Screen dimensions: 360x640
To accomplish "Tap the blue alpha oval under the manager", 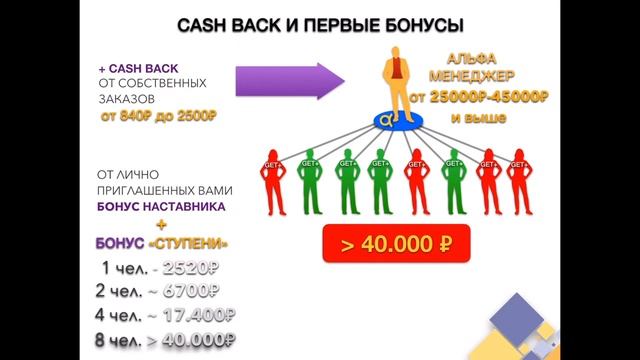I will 385,123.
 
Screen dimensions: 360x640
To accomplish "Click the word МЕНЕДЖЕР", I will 474,77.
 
